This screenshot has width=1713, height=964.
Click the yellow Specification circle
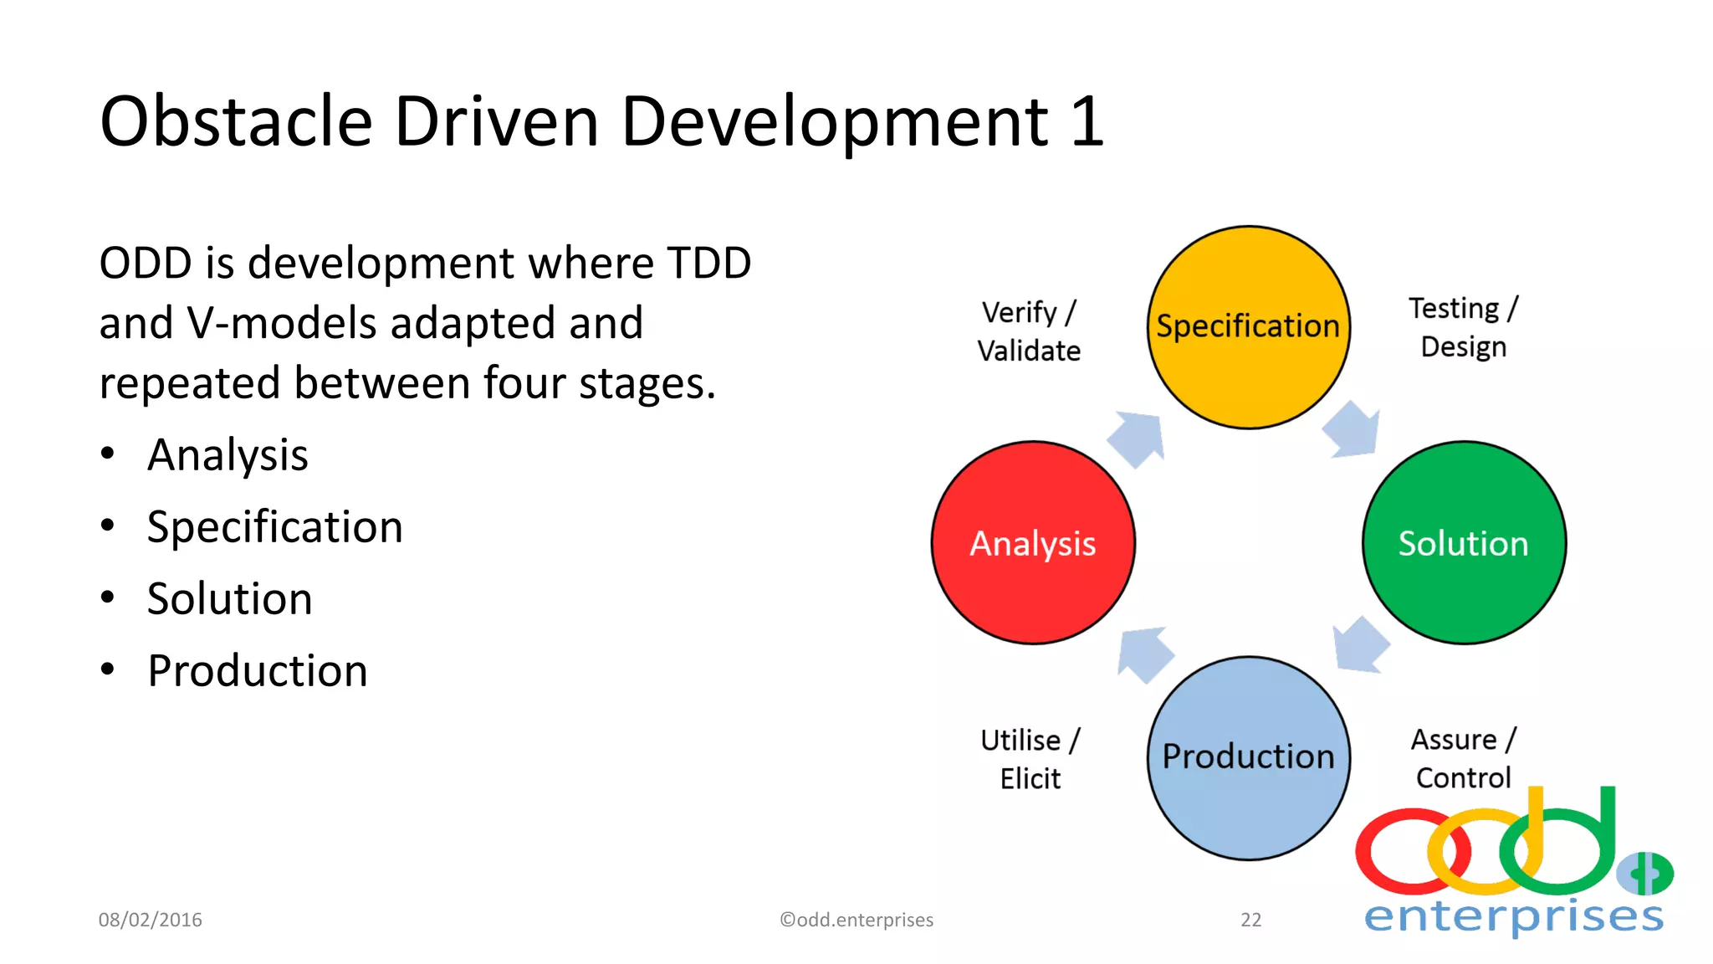(1248, 327)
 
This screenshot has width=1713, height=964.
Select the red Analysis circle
(1033, 543)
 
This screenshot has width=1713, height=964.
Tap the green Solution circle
(1464, 543)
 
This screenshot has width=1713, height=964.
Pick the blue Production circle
(1248, 758)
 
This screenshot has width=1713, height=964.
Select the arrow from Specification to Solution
(1353, 431)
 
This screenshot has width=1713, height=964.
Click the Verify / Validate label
(1029, 331)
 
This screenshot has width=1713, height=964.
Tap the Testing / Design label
(1463, 327)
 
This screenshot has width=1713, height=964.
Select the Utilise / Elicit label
(1030, 759)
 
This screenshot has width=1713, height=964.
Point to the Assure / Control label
(1463, 758)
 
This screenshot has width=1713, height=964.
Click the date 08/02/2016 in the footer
(151, 920)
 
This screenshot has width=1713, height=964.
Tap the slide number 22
(1250, 920)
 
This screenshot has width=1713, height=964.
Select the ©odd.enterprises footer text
(856, 920)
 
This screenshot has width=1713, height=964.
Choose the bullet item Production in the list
(258, 671)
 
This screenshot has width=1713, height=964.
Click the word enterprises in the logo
(1514, 916)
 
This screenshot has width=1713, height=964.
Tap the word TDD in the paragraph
(709, 264)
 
